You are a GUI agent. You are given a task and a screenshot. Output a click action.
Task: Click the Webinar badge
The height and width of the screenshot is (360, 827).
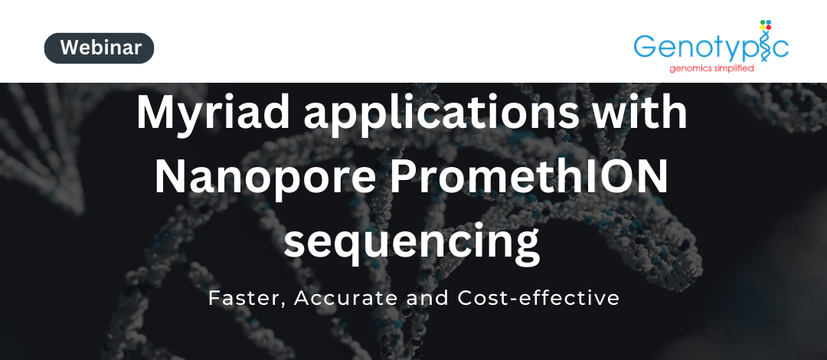click(x=99, y=48)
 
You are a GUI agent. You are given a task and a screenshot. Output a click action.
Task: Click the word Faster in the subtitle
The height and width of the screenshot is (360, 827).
click(x=247, y=299)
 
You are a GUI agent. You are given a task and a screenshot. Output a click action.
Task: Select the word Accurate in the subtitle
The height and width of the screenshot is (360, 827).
click(x=345, y=298)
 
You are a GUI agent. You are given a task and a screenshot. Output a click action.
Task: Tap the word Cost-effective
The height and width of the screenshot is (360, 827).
click(x=538, y=298)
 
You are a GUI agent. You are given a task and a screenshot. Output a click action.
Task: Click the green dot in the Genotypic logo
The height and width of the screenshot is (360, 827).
click(x=763, y=21)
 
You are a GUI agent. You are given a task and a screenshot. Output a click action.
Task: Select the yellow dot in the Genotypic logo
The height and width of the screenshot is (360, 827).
click(x=763, y=28)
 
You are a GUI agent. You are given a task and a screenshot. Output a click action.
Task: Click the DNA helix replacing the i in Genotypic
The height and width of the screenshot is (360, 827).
click(x=767, y=48)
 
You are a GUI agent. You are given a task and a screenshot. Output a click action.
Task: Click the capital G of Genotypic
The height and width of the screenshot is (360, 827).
click(x=645, y=47)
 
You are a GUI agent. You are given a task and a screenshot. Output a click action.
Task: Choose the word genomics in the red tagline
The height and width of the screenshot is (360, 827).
click(x=691, y=69)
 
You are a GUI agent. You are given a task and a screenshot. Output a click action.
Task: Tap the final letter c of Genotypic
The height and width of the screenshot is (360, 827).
click(x=781, y=49)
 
